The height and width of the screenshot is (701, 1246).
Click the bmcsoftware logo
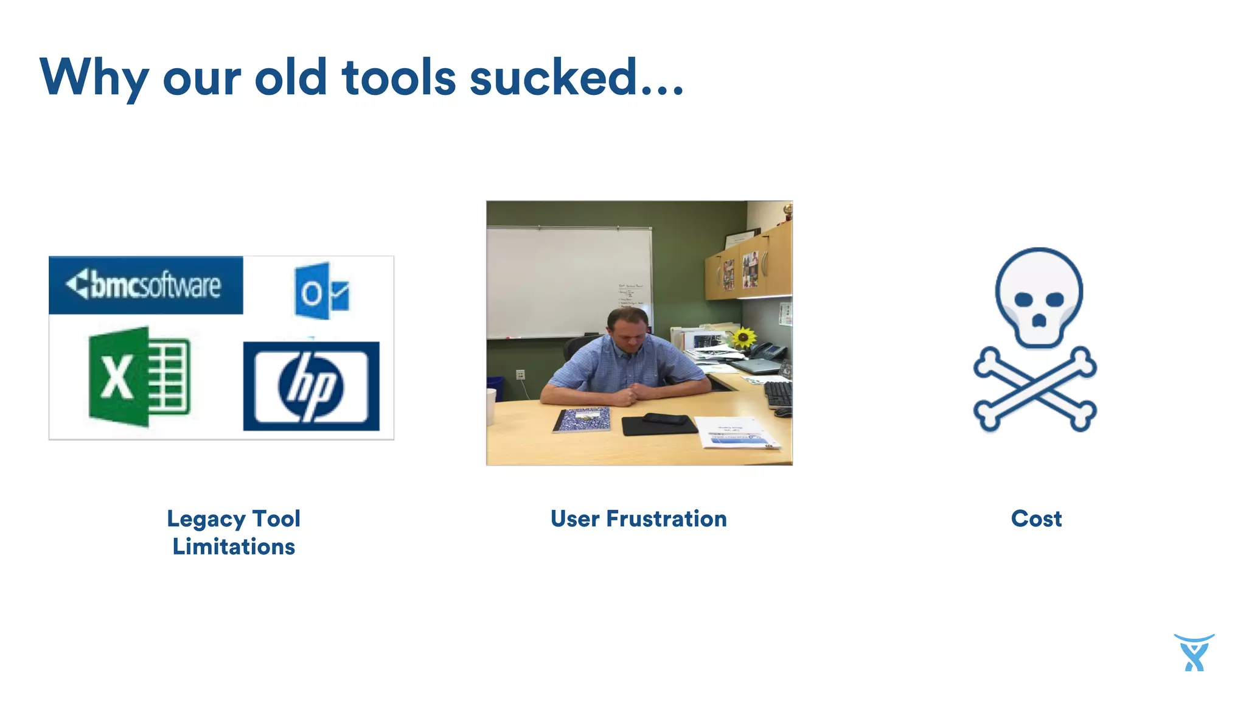click(x=145, y=285)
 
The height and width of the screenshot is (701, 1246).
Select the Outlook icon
click(x=321, y=291)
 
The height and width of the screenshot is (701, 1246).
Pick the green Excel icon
click(x=139, y=376)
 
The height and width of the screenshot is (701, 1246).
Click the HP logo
click(x=311, y=386)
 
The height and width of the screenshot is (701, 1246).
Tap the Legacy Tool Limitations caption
click(x=234, y=532)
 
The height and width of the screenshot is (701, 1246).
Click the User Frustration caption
click(x=638, y=518)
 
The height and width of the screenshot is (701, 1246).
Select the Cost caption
click(x=1036, y=518)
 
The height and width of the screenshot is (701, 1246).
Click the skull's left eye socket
click(x=1023, y=299)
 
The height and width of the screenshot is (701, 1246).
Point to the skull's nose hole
click(x=1039, y=320)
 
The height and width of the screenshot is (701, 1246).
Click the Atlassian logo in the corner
click(x=1194, y=652)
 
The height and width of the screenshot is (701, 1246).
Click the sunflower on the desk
click(x=743, y=337)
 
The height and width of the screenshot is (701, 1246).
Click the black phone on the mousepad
click(x=665, y=419)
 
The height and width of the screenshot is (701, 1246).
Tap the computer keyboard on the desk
click(x=778, y=394)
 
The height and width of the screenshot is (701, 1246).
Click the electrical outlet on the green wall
click(x=520, y=374)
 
